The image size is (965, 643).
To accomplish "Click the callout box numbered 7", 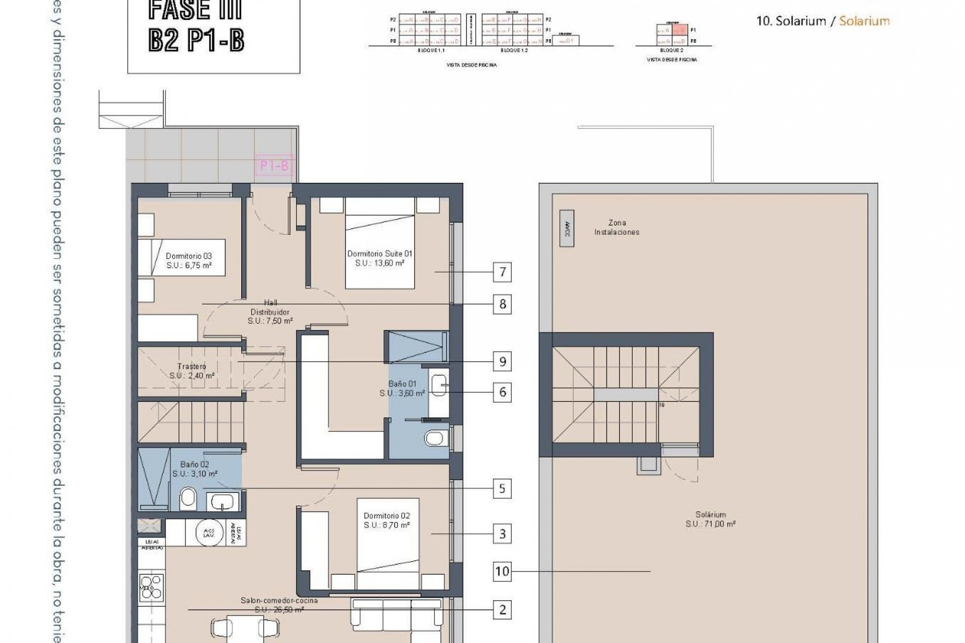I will [x=502, y=272].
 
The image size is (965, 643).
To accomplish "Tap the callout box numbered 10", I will [x=502, y=571].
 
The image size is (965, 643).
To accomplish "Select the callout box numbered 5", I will [x=502, y=488].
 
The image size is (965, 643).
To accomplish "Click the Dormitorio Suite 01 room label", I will [x=379, y=258].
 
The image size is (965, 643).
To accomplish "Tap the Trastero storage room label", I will [x=191, y=371].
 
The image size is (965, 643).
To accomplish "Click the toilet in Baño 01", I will [x=434, y=439].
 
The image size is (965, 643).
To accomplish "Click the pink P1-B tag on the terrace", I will [x=274, y=166].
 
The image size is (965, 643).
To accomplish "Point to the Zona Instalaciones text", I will [x=617, y=228].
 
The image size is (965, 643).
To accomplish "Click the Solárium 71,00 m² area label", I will [x=711, y=519].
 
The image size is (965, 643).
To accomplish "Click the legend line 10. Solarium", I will [x=823, y=21].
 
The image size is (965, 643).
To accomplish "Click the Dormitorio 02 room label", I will [x=387, y=520].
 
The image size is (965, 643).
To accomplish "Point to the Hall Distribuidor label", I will [x=270, y=311].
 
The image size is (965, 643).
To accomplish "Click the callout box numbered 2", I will [x=502, y=610].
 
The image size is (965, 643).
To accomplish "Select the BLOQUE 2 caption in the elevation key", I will [x=671, y=51].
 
